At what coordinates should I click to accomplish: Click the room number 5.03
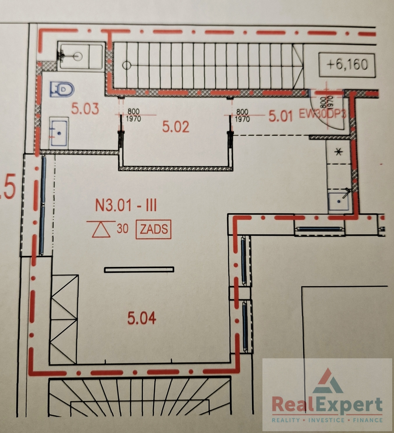click(x=85, y=109)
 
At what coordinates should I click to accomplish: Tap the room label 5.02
click(x=176, y=127)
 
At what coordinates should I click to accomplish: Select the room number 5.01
click(x=280, y=117)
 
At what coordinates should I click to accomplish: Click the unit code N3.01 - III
click(x=126, y=206)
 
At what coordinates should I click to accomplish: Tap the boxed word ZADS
click(x=153, y=229)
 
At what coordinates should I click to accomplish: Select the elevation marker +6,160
click(x=347, y=65)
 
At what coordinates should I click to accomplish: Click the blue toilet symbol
click(x=62, y=89)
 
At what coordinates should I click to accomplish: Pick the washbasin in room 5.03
click(x=59, y=133)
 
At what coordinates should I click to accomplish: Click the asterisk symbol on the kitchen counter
click(x=338, y=152)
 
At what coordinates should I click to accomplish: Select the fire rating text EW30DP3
click(x=322, y=114)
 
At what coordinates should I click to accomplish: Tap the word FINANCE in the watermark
click(x=368, y=420)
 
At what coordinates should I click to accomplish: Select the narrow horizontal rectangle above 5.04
click(x=139, y=270)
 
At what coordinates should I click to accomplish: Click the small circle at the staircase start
click(x=127, y=65)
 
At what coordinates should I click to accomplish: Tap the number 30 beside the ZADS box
click(x=123, y=229)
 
